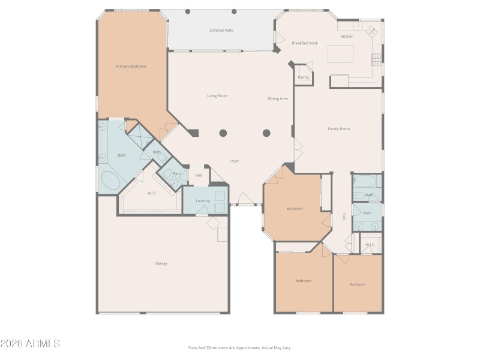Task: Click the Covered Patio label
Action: point(221,30)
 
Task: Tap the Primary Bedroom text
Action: point(131,67)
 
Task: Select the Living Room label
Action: point(217,96)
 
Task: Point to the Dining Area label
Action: point(278,98)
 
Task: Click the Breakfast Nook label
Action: point(305,43)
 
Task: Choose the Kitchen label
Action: point(347,37)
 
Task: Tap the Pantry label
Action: point(304,77)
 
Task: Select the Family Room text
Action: point(338,129)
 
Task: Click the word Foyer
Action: point(235,161)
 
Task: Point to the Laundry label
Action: point(203,200)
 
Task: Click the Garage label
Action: point(161,263)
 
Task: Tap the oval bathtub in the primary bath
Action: point(110,179)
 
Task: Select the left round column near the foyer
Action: point(223,133)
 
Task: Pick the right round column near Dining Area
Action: point(266,133)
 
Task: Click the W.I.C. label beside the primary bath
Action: point(152,193)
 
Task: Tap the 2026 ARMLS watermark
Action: point(30,344)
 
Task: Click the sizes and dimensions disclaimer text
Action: point(240,347)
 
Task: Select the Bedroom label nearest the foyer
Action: point(295,209)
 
